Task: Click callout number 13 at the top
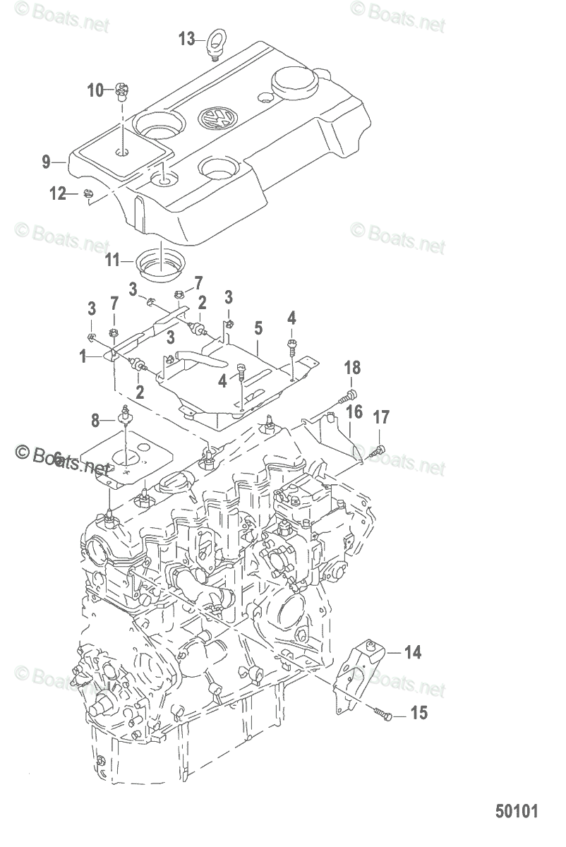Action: tap(186, 39)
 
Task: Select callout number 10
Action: tap(95, 90)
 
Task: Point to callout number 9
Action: tap(46, 162)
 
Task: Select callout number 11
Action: tap(114, 260)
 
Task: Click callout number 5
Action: tap(258, 328)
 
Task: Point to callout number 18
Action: tap(352, 367)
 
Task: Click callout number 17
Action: tap(381, 418)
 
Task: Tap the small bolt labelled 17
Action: tap(380, 450)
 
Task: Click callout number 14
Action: tap(413, 652)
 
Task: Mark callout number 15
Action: tap(419, 713)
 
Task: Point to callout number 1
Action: tap(84, 357)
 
